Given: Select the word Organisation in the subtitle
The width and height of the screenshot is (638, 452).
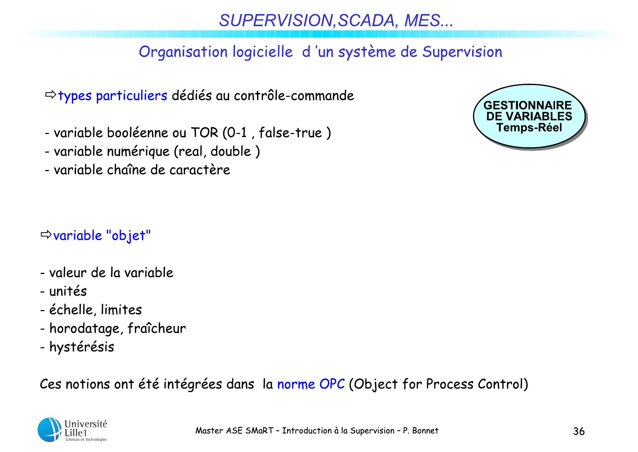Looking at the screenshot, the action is (x=183, y=52).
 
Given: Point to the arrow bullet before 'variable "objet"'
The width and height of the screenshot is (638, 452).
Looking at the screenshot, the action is (x=46, y=235).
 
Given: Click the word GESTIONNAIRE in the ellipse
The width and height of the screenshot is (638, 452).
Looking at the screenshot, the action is (x=527, y=105).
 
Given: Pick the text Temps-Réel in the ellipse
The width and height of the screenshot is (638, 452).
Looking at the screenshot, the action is (x=529, y=127).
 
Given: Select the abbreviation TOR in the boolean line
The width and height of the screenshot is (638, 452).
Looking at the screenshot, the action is (x=204, y=133).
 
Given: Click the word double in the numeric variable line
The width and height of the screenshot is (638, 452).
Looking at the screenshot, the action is (x=231, y=151).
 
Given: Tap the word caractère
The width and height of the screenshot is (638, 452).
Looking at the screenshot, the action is (x=200, y=170).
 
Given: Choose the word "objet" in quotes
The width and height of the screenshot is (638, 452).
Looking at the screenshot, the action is (x=128, y=236).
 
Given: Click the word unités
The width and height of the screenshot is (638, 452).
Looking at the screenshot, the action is (x=68, y=291).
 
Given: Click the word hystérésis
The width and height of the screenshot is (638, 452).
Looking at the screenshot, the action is (x=82, y=347).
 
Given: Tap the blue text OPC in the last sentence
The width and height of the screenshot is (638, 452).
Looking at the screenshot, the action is (x=332, y=384).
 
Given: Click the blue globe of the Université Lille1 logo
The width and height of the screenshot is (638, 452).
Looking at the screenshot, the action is (x=50, y=430).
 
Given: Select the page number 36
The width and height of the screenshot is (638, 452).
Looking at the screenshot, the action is (x=579, y=431).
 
